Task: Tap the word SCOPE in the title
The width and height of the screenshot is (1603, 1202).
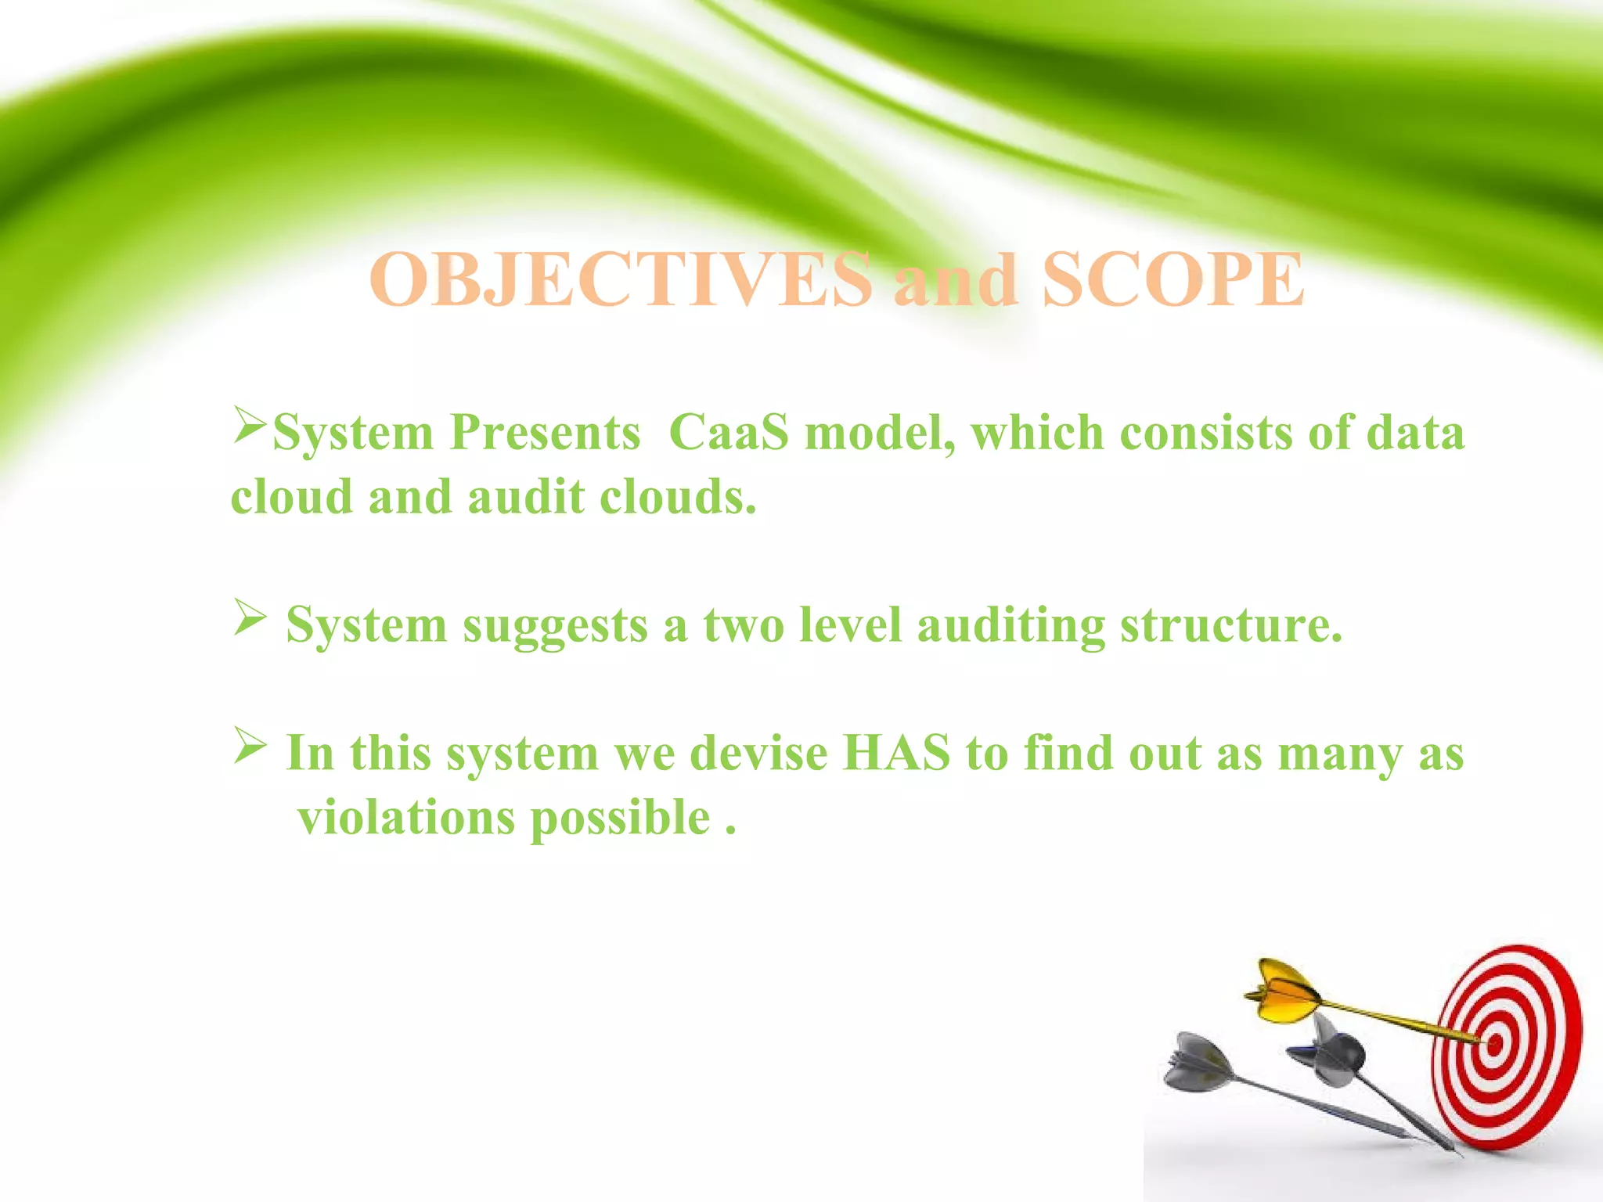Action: click(x=1173, y=280)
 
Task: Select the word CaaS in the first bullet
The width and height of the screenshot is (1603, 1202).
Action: click(x=729, y=432)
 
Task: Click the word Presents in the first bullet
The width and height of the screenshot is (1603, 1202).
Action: click(x=545, y=432)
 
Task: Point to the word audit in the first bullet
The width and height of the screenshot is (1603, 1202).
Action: click(x=526, y=497)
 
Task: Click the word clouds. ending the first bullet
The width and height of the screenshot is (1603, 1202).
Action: click(x=678, y=497)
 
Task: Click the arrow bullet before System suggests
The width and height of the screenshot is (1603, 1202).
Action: click(x=250, y=617)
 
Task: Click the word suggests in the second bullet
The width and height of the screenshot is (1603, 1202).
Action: click(x=555, y=626)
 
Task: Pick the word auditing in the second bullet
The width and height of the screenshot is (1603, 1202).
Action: click(x=1010, y=626)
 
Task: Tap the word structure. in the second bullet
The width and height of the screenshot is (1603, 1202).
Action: click(x=1231, y=626)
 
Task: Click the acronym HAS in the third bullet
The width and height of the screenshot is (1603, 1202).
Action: click(x=895, y=753)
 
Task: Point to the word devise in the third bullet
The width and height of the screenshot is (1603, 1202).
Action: click(x=758, y=753)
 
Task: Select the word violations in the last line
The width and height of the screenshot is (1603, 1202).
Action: click(x=406, y=818)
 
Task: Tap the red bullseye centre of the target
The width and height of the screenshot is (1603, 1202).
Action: click(x=1494, y=1043)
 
